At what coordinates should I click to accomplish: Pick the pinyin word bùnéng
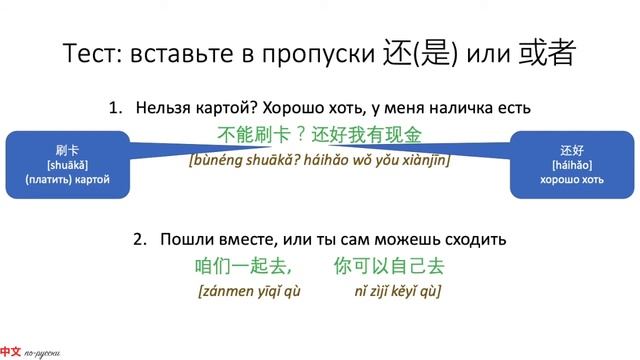point(219,159)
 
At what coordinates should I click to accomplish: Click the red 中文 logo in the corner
point(11,351)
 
